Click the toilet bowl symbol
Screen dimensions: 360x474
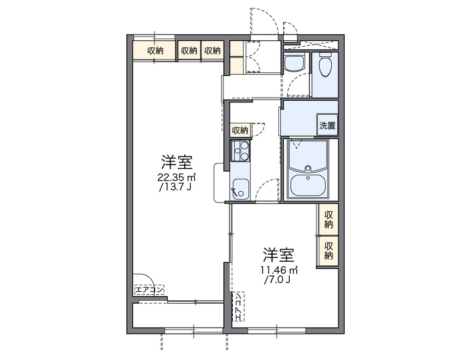pyautogui.click(x=325, y=66)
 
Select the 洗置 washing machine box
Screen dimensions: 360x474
pyautogui.click(x=327, y=125)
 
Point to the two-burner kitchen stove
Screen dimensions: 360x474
pyautogui.click(x=241, y=152)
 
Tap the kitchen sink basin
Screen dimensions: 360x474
pyautogui.click(x=241, y=188)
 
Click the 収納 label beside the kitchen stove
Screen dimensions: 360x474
pyautogui.click(x=240, y=130)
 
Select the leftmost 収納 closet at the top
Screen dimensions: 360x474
pyautogui.click(x=156, y=51)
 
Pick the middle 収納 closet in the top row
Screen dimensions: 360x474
pyautogui.click(x=189, y=51)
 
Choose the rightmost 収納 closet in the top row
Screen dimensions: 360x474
pyautogui.click(x=212, y=51)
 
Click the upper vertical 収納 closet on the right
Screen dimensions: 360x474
pyautogui.click(x=328, y=220)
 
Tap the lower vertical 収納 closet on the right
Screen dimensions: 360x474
pyautogui.click(x=328, y=251)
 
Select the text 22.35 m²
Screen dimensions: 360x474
pyautogui.click(x=177, y=177)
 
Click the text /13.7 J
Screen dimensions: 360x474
pyautogui.click(x=176, y=187)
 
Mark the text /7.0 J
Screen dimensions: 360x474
pyautogui.click(x=278, y=280)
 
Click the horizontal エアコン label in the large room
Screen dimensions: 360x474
pyautogui.click(x=149, y=290)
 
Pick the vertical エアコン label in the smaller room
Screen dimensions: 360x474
pyautogui.click(x=238, y=306)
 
